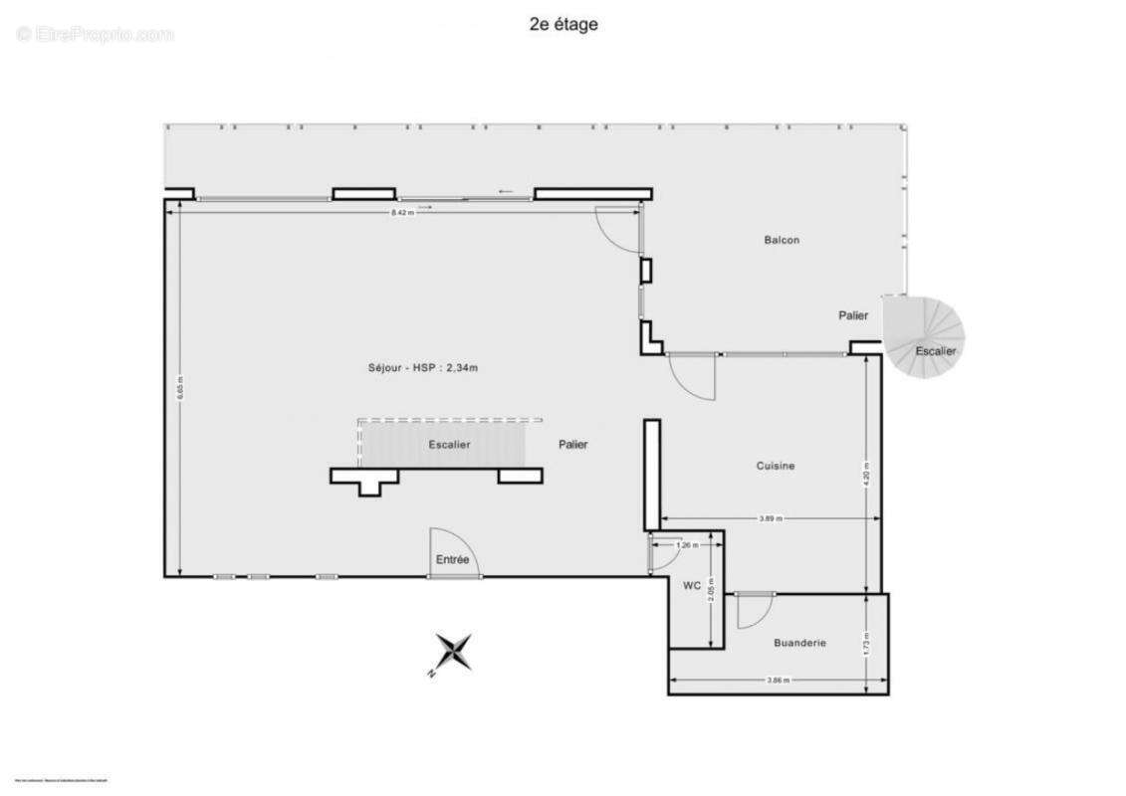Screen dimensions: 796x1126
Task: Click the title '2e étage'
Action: tap(563, 25)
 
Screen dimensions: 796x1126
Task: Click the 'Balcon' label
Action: tap(782, 240)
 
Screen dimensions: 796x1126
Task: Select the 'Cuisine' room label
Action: tap(775, 466)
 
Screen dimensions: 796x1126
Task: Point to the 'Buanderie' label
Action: tap(799, 643)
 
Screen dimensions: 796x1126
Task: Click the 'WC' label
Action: tap(692, 586)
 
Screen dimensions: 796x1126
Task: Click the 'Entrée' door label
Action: tap(452, 560)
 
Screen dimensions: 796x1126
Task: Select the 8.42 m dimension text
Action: tap(402, 213)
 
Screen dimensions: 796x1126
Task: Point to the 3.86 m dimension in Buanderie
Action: tap(778, 681)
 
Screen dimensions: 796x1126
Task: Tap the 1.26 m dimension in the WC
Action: tap(685, 545)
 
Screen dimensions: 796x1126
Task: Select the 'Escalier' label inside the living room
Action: tap(449, 445)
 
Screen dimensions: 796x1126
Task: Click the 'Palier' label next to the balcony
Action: tap(853, 315)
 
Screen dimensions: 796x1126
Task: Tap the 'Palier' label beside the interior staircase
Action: tap(572, 445)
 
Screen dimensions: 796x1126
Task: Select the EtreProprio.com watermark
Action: tap(95, 35)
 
